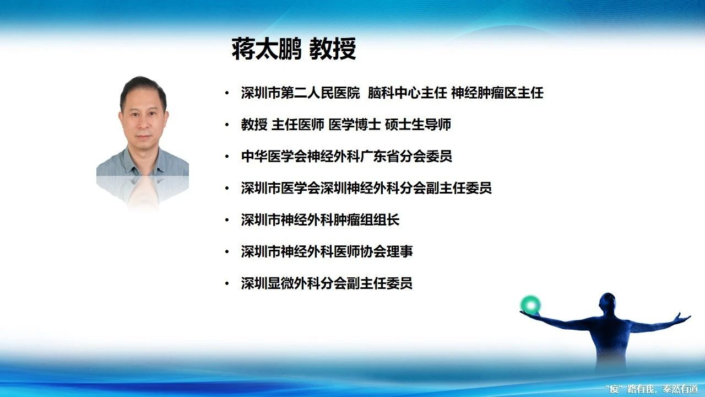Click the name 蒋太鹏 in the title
click(x=267, y=49)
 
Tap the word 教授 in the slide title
click(x=332, y=49)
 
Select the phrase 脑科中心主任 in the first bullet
click(x=407, y=93)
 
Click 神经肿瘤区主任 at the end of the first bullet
click(x=497, y=93)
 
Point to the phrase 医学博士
click(x=355, y=125)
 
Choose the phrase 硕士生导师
click(x=418, y=125)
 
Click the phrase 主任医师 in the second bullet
click(x=298, y=125)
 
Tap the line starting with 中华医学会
click(x=346, y=156)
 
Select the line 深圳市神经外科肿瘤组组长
click(x=320, y=219)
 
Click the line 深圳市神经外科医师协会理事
click(x=327, y=251)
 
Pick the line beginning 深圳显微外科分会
click(x=327, y=283)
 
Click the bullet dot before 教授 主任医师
click(x=227, y=125)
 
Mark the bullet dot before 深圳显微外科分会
click(x=227, y=283)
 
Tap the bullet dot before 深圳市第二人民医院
click(x=227, y=93)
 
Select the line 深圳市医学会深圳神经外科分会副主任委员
click(x=366, y=188)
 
